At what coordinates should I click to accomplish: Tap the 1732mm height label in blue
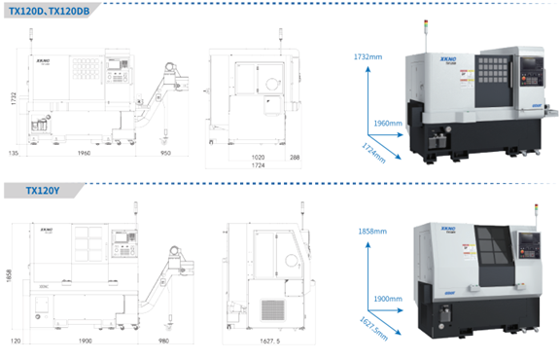[x=369, y=57]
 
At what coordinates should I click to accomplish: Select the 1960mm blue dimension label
[x=388, y=124]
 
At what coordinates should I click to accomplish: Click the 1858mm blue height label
[x=371, y=232]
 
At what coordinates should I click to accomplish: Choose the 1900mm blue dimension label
[x=388, y=298]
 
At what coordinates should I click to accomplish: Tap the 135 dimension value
[x=13, y=153]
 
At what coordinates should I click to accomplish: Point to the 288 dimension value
[x=295, y=156]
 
